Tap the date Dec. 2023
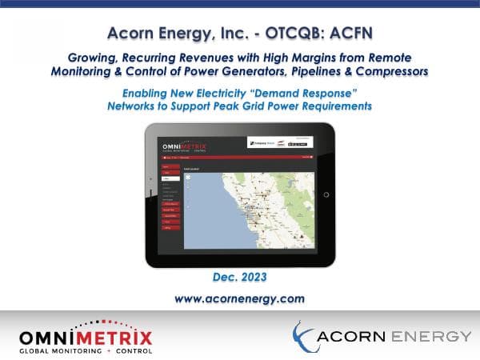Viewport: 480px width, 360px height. (239, 278)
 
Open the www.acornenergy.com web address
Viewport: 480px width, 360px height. (240, 298)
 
